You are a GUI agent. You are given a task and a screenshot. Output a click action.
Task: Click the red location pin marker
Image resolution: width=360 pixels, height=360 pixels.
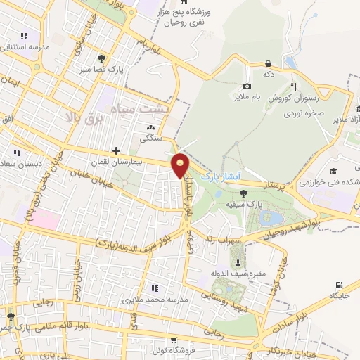click(182, 166)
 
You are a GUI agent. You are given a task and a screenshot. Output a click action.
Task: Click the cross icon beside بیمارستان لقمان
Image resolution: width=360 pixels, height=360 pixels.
click(116, 150)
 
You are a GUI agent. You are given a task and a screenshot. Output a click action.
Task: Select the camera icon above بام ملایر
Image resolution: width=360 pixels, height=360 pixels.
click(247, 86)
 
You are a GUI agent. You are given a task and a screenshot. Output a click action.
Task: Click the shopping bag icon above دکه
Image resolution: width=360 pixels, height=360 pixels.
click(268, 63)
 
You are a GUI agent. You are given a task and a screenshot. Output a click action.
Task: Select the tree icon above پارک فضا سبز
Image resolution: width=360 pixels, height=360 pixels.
click(103, 58)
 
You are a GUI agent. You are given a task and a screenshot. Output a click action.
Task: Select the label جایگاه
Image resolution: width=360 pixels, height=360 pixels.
click(345, 287)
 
